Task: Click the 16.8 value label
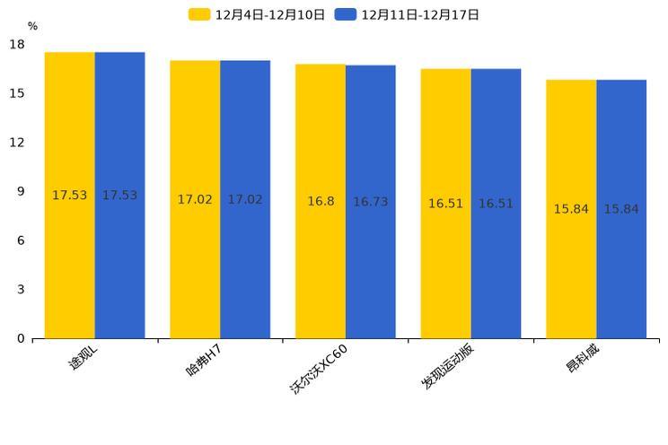tap(321, 202)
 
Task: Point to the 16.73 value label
tap(371, 203)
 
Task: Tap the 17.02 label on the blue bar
tap(245, 200)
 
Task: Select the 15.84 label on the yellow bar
tap(571, 209)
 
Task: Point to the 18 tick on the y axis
tap(17, 45)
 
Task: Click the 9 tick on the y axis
tap(21, 192)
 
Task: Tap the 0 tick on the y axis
tap(21, 338)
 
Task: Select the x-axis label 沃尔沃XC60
tap(319, 369)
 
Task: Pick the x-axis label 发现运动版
tap(447, 367)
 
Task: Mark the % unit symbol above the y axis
tap(32, 26)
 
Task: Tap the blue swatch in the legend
tap(346, 14)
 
